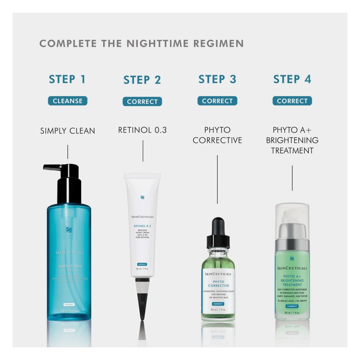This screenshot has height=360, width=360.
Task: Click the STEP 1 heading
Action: [x=67, y=79]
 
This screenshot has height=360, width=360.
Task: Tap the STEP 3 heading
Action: [x=217, y=79]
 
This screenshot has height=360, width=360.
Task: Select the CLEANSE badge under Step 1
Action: [x=67, y=101]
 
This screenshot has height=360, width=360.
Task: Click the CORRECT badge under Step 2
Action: [x=142, y=102]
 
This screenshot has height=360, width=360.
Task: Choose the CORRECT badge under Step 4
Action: [x=292, y=101]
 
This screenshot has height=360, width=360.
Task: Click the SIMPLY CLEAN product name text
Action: [x=67, y=131]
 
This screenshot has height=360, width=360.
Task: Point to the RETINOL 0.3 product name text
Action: [x=142, y=130]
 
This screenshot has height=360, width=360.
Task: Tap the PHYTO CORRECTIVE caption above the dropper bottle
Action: [x=217, y=135]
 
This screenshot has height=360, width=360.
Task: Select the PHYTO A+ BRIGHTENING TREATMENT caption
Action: [x=292, y=140]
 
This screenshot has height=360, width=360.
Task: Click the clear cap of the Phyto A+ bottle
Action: [x=292, y=214]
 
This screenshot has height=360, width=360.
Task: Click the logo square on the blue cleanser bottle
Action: [x=68, y=230]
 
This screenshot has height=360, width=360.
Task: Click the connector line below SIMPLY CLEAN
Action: [x=67, y=152]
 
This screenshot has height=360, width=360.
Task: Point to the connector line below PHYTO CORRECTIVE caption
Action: [x=217, y=179]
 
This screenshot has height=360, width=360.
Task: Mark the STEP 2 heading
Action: [x=142, y=80]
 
